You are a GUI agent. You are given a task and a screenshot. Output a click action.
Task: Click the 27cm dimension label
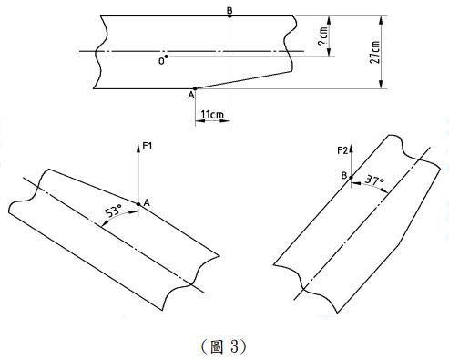pos(375,52)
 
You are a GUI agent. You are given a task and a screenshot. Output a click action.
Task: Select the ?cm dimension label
pos(322,36)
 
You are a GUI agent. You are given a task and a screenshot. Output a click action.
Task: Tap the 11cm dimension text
pos(212,115)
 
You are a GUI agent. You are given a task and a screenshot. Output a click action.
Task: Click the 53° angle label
pos(113,211)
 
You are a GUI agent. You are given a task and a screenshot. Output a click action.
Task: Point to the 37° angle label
pos(374,180)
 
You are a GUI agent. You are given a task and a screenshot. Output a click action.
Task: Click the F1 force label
pos(148,147)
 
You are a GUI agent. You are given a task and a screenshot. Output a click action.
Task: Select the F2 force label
pos(342,150)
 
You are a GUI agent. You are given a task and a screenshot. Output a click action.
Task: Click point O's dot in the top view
pos(167,57)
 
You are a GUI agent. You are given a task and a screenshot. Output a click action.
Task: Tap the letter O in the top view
pos(161,61)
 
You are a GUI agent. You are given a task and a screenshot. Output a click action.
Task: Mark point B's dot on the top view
pos(230,15)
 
